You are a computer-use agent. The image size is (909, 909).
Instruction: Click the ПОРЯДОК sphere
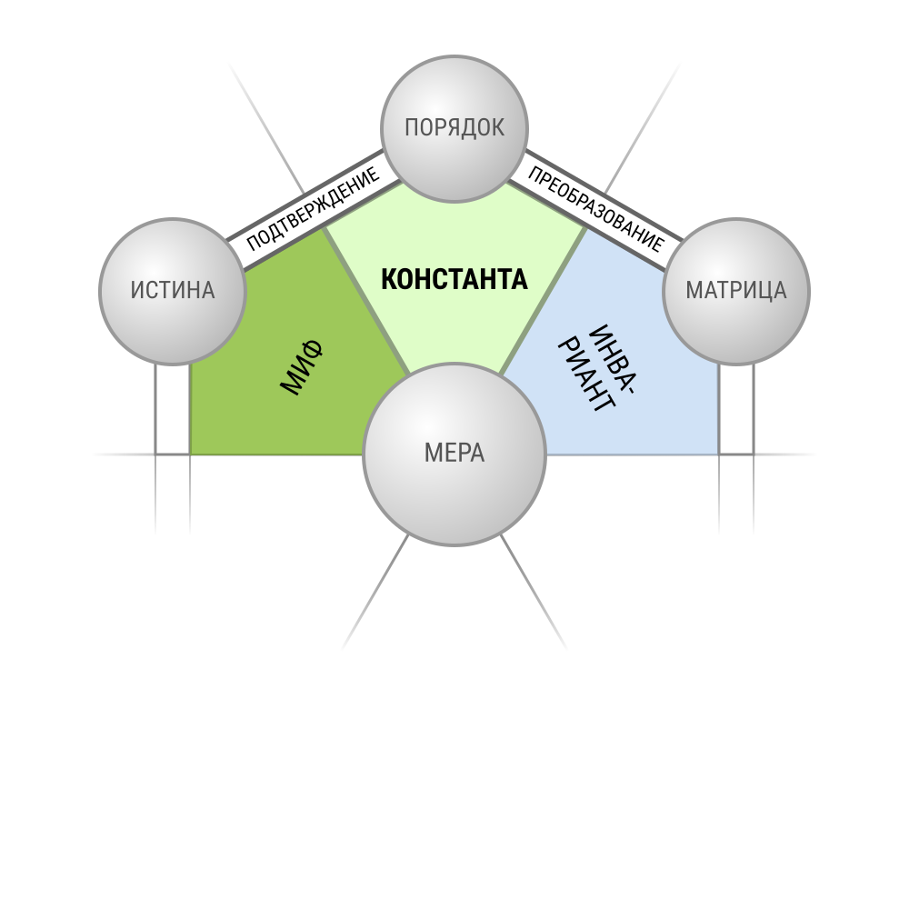454,129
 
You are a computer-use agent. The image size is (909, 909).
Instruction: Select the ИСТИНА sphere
173,291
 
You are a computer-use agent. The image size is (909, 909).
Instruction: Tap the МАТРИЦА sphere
736,291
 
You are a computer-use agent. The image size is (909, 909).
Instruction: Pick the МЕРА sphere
454,454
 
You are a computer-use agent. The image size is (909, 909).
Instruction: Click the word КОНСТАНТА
454,279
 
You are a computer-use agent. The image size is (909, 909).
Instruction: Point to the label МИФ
301,367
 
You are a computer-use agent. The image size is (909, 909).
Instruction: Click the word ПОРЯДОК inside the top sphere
454,127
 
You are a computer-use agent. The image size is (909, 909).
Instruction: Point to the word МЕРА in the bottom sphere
454,453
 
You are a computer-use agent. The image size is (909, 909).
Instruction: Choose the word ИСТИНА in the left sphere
173,290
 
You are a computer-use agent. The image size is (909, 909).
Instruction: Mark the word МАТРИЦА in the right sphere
736,290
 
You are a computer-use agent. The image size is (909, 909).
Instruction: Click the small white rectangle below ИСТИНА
173,409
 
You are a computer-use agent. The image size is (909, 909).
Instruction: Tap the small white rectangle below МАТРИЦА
736,409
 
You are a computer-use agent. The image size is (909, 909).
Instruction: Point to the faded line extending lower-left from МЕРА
375,592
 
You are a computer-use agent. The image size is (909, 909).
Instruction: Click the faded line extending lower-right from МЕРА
534,592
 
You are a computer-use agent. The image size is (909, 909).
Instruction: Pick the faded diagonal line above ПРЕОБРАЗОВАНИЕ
643,129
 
